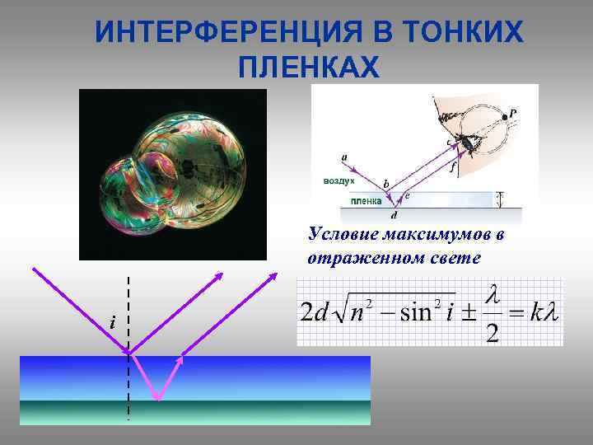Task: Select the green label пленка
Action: click(367, 200)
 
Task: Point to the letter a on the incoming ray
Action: click(343, 154)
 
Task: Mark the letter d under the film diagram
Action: click(393, 216)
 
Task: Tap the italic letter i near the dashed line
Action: click(111, 322)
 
